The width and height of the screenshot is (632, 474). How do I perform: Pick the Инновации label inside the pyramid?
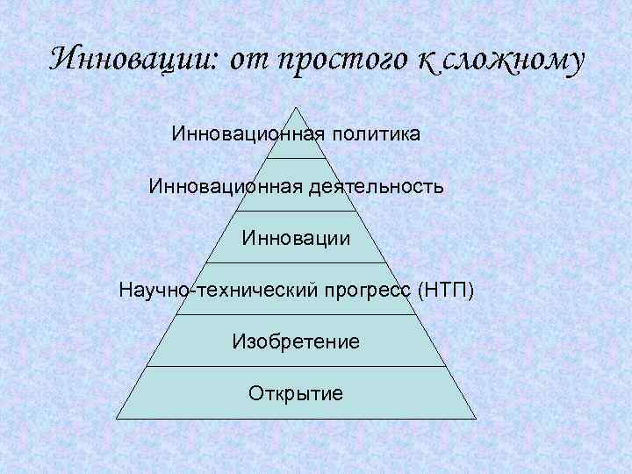297,238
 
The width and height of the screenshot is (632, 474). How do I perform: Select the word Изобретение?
297,341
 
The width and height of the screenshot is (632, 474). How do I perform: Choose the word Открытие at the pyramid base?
297,392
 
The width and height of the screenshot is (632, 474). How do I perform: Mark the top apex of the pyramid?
297,108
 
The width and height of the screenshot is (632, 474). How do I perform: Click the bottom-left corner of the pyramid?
117,419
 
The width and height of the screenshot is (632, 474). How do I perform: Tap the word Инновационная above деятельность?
226,187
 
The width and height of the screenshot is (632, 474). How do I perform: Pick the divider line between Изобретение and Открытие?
297,367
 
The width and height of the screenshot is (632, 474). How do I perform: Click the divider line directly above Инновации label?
297,211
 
